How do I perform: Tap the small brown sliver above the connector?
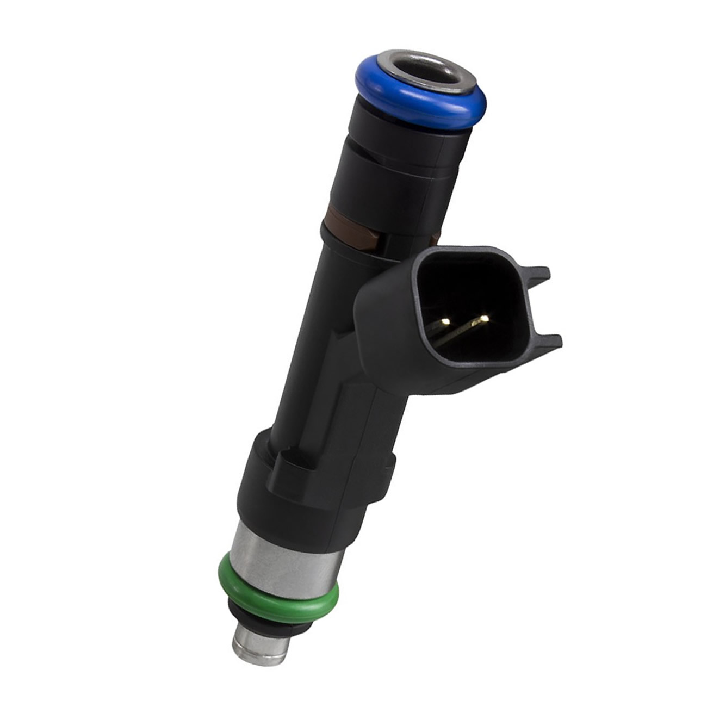coord(435,238)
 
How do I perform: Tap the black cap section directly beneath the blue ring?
coord(402,136)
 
